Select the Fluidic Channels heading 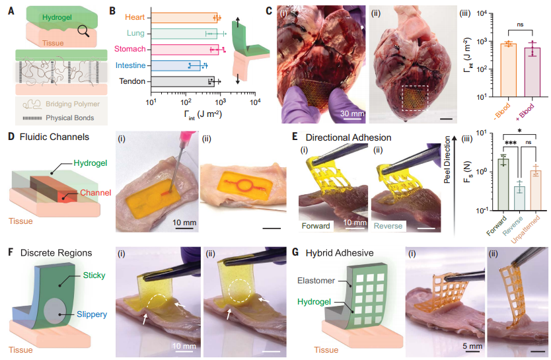point(51,137)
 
